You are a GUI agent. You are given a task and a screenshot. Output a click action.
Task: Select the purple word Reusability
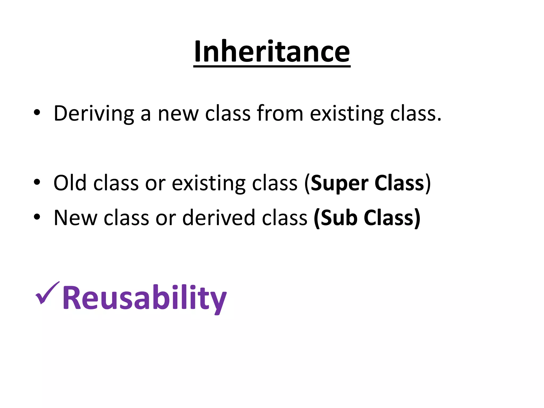pyautogui.click(x=144, y=298)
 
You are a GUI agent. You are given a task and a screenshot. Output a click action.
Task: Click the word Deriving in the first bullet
pyautogui.click(x=93, y=114)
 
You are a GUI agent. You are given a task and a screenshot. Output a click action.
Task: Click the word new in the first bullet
pyautogui.click(x=178, y=114)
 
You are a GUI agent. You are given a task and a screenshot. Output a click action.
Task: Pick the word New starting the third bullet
pyautogui.click(x=75, y=218)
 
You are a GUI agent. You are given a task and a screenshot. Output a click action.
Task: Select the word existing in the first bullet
pyautogui.click(x=347, y=114)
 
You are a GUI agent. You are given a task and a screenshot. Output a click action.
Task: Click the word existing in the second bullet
pyautogui.click(x=208, y=183)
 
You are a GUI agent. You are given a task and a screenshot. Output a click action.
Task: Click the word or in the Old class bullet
pyautogui.click(x=155, y=183)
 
